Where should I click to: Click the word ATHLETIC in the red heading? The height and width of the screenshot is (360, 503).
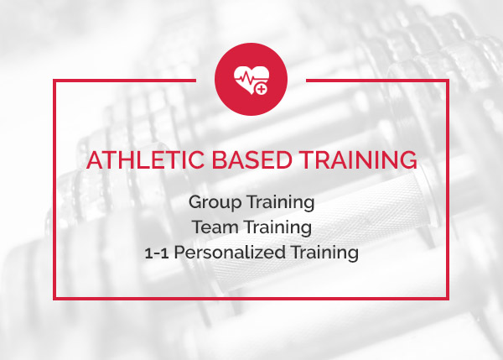point(145,159)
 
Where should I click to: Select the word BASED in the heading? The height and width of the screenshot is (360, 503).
point(251,159)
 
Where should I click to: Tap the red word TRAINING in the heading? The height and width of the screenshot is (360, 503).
point(358,159)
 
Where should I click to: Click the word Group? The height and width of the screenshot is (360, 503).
point(215,203)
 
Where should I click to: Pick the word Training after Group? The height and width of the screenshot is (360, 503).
point(281,203)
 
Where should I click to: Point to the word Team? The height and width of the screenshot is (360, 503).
point(215,227)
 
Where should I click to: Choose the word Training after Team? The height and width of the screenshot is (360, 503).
point(278,228)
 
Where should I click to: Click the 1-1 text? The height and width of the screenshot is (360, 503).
point(157,253)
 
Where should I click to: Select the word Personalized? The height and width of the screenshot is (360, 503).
point(230,253)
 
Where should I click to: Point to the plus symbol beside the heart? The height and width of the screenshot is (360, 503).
point(262,89)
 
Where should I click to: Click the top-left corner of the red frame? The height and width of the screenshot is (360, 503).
point(54,81)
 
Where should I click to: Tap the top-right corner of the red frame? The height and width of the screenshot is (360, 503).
point(447,81)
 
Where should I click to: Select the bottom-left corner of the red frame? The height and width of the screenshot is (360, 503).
point(54,299)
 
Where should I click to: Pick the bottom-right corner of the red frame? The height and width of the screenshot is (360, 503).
point(447,299)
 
